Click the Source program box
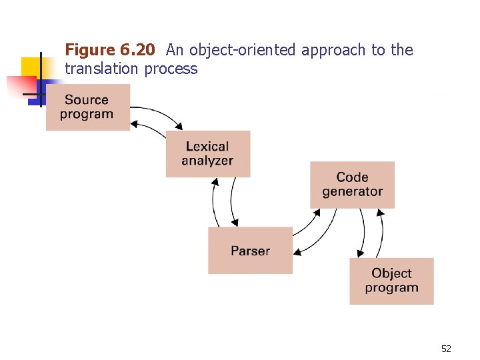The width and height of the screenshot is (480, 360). click(x=87, y=107)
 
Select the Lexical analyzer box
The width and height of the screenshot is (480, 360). click(x=207, y=153)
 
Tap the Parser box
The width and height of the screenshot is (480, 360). click(x=250, y=251)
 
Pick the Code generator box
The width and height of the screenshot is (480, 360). click(x=352, y=185)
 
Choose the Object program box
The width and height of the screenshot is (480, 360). click(x=391, y=281)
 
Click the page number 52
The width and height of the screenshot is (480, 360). click(x=446, y=349)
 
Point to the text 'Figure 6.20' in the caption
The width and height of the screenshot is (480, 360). click(x=110, y=50)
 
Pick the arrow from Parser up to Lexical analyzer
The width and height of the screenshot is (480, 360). click(x=213, y=203)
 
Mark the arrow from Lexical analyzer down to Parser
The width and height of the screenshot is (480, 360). click(x=232, y=203)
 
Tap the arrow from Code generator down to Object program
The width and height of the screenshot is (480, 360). click(x=363, y=233)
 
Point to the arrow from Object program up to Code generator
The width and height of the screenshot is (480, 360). click(x=382, y=233)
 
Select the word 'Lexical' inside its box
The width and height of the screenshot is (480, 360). click(x=207, y=147)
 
